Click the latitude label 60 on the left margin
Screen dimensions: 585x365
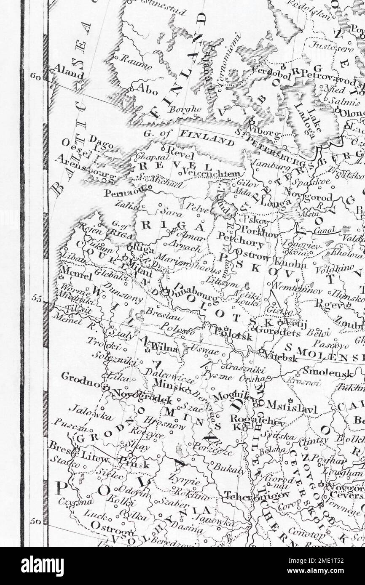point(35,76)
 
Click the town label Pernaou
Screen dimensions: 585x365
point(122,194)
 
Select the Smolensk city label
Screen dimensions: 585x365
point(321,372)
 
